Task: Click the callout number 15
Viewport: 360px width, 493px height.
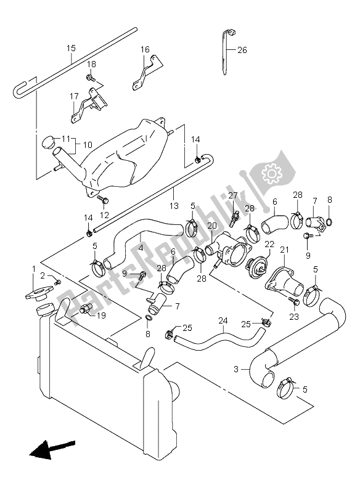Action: pyautogui.click(x=71, y=48)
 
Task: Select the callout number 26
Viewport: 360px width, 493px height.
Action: pyautogui.click(x=242, y=51)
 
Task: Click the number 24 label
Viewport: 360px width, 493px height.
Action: pyautogui.click(x=223, y=320)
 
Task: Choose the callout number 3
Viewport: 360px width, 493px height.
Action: pyautogui.click(x=236, y=370)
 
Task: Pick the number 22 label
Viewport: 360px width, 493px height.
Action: pyautogui.click(x=269, y=244)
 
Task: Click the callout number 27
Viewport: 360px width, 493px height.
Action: pyautogui.click(x=233, y=195)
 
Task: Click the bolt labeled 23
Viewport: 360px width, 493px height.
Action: pyautogui.click(x=292, y=300)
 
